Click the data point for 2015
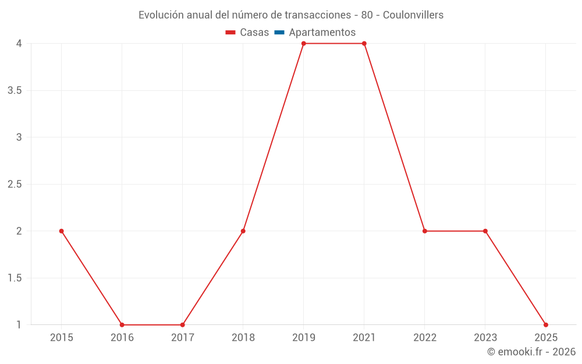tap(61, 231)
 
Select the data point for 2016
tap(122, 325)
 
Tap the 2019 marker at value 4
tap(304, 44)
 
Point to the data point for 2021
tap(364, 44)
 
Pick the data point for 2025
tap(546, 325)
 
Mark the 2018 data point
tap(243, 231)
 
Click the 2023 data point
tap(485, 231)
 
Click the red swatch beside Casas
tap(230, 33)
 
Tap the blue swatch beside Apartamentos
tap(279, 33)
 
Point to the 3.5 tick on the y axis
tap(15, 90)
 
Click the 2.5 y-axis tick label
tap(15, 184)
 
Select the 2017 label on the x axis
tap(182, 337)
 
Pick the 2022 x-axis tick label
tap(425, 337)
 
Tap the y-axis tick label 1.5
tap(15, 278)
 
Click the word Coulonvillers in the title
tap(413, 15)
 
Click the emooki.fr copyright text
tap(531, 352)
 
